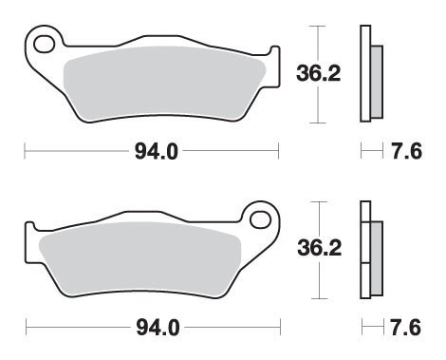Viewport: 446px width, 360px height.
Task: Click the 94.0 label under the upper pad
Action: click(x=153, y=149)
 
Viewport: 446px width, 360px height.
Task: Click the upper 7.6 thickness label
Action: click(x=406, y=149)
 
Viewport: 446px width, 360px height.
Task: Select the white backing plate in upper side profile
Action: click(x=363, y=72)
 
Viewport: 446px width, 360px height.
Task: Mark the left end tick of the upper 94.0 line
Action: click(x=24, y=149)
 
